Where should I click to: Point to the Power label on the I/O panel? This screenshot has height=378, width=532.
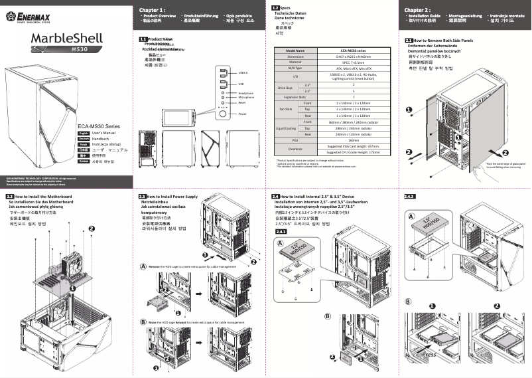pos(243,114)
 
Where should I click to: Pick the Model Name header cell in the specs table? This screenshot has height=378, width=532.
pos(295,50)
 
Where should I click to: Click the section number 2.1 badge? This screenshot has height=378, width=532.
pos(409,40)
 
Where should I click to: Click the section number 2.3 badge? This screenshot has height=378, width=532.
pos(143,197)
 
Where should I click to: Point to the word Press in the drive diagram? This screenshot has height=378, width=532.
pos(430,354)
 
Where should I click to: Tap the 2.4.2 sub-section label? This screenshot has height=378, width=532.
pos(409,197)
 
